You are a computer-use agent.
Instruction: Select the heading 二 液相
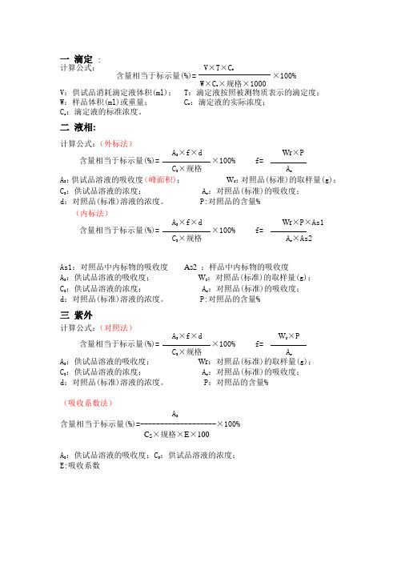pyautogui.click(x=78, y=126)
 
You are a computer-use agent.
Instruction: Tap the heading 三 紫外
pyautogui.click(x=78, y=315)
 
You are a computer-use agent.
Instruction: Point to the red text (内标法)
pyautogui.click(x=94, y=214)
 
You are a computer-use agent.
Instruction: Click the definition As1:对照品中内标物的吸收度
pyautogui.click(x=114, y=266)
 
